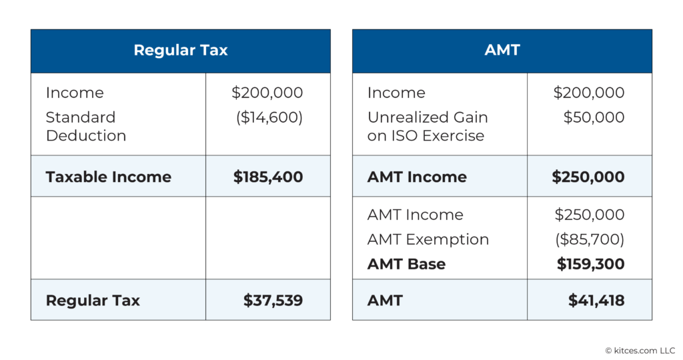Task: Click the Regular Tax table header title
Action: click(180, 51)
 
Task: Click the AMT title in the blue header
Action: click(502, 51)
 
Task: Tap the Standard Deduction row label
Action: click(85, 126)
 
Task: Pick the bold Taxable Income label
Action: click(108, 177)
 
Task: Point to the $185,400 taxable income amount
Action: click(267, 177)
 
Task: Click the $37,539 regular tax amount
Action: click(273, 300)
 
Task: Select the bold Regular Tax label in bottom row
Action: click(93, 300)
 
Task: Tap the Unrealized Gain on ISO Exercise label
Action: click(427, 126)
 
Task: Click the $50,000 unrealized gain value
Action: click(594, 117)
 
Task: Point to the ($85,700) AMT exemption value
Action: click(590, 239)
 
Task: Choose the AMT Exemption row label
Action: click(428, 239)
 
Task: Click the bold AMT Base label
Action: click(406, 264)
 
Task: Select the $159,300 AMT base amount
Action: click(590, 264)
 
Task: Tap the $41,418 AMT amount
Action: click(596, 300)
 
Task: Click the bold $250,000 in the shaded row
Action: click(588, 177)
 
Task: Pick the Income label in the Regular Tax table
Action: click(75, 93)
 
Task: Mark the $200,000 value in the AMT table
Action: click(589, 93)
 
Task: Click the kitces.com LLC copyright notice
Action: click(639, 350)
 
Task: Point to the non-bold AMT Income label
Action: click(415, 215)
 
